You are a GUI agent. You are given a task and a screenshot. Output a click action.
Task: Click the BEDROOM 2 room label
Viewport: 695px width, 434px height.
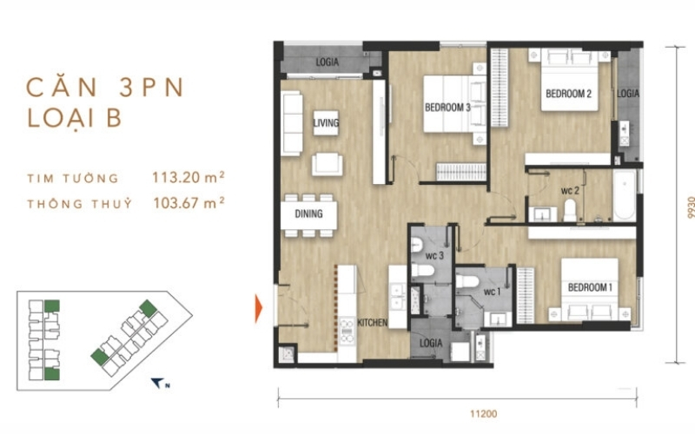coord(568,94)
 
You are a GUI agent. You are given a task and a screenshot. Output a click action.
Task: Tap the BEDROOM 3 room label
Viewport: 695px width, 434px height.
coord(447,108)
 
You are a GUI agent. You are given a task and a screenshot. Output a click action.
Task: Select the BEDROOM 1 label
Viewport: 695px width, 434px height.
coord(590,287)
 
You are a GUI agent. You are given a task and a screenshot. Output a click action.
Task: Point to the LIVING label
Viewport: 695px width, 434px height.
coord(327,122)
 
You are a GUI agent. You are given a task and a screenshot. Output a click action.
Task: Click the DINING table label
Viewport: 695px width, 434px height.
coord(308,214)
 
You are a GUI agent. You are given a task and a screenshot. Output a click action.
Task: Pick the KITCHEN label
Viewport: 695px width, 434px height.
coord(373,323)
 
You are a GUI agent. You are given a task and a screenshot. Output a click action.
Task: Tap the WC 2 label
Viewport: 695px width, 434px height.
coord(570,191)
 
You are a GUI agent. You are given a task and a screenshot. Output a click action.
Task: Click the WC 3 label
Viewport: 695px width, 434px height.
coord(434,256)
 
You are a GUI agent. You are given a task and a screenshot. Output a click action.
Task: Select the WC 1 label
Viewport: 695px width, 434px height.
coord(492,292)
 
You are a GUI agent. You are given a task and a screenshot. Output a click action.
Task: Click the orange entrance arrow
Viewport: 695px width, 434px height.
coord(258,308)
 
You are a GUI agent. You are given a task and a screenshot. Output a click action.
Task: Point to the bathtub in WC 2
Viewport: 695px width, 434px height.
coord(624,195)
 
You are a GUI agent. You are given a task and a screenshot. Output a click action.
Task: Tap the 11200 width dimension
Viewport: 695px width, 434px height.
coord(484,414)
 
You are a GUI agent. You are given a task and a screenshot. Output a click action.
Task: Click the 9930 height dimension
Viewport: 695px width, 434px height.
coord(690,207)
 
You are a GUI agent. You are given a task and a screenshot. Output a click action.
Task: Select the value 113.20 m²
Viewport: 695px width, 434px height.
coord(189,178)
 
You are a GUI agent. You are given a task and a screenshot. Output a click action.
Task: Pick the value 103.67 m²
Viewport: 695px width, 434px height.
coord(189,203)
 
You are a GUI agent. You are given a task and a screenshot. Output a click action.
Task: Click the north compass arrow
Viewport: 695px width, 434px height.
coord(157,383)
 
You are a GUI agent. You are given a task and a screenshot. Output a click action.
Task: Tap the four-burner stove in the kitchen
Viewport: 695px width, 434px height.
coord(347,332)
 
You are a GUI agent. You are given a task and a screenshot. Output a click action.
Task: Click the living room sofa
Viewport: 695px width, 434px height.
coord(292,123)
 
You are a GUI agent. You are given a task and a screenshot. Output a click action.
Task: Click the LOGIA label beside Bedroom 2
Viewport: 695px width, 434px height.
coord(628,94)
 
